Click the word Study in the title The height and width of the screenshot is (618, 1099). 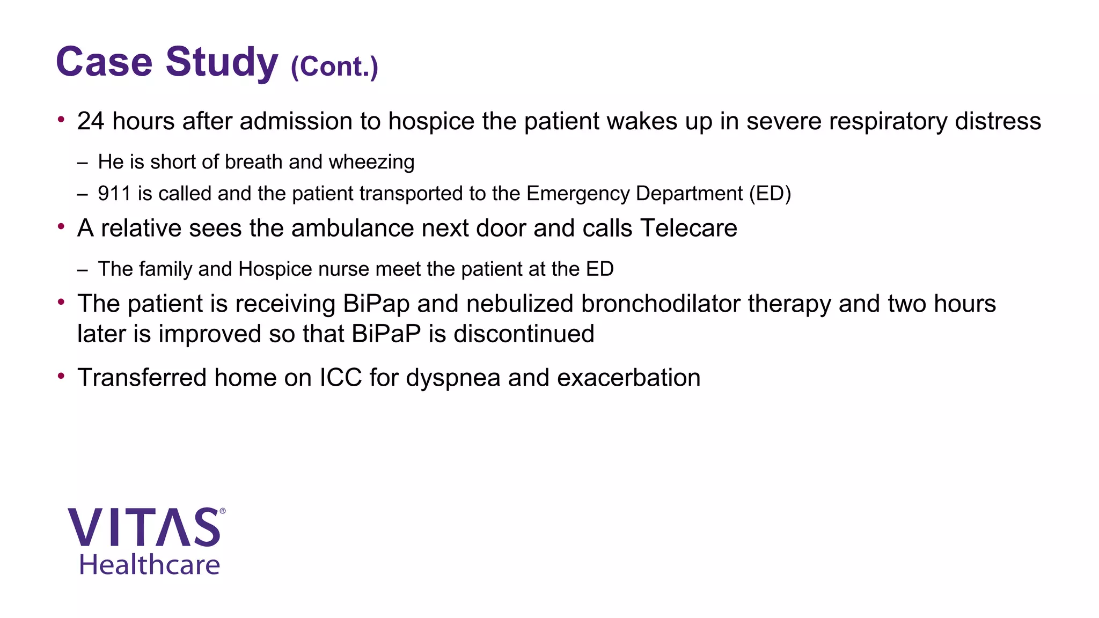pyautogui.click(x=222, y=63)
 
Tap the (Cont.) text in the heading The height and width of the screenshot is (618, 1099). pyautogui.click(x=334, y=67)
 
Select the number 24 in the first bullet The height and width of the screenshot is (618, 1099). pyautogui.click(x=91, y=121)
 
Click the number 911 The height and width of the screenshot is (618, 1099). pyautogui.click(x=114, y=194)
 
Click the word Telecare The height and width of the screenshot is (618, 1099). pyautogui.click(x=688, y=229)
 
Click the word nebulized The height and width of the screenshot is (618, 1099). pyautogui.click(x=519, y=304)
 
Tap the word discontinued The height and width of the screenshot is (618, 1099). pyautogui.click(x=524, y=334)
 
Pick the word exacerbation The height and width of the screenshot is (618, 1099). pyautogui.click(x=628, y=378)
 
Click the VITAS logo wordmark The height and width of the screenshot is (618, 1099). pyautogui.click(x=144, y=528)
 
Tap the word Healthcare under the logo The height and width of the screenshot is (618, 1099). pyautogui.click(x=150, y=565)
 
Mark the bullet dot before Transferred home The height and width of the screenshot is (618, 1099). pyautogui.click(x=62, y=376)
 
